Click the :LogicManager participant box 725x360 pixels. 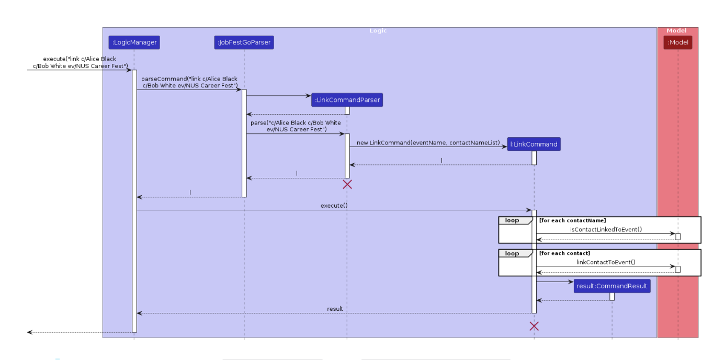tap(134, 42)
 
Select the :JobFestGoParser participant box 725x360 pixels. tap(244, 42)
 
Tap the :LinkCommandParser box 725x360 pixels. tap(347, 100)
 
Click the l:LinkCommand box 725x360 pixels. tap(534, 144)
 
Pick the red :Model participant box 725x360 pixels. tap(677, 42)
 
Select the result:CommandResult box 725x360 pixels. tap(611, 286)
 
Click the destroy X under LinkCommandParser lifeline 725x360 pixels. tap(347, 184)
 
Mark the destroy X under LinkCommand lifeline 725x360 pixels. tap(534, 327)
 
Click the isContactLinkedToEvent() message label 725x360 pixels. tap(606, 229)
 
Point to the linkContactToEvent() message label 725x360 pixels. tap(606, 262)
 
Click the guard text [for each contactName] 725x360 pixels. tap(572, 220)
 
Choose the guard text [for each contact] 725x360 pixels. tap(564, 253)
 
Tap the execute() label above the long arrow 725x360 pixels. tap(334, 206)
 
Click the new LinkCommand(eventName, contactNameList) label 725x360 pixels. tap(428, 142)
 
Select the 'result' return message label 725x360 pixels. tap(335, 309)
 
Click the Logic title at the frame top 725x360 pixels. tap(378, 31)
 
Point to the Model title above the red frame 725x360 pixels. tap(676, 31)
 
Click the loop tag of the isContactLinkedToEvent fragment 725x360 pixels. tap(512, 220)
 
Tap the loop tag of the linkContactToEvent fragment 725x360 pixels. tap(512, 253)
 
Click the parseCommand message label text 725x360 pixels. tap(189, 82)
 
